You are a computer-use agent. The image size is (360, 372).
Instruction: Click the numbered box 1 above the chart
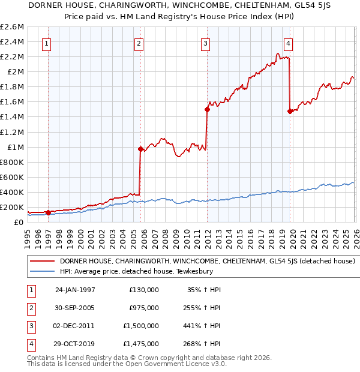[47, 43]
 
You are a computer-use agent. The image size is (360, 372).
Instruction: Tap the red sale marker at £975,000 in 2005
[140, 149]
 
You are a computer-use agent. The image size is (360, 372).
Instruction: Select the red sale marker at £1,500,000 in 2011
[207, 109]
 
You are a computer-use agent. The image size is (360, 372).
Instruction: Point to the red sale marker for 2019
[290, 111]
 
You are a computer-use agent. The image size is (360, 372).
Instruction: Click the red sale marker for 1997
[48, 212]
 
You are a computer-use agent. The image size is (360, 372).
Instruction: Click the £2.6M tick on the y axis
[12, 27]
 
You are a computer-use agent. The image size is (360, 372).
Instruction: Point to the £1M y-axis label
[15, 147]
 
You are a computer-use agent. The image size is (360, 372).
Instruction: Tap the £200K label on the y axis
[12, 208]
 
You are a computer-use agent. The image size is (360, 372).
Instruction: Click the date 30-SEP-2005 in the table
[75, 308]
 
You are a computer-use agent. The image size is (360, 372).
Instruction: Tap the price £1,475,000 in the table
[143, 344]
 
